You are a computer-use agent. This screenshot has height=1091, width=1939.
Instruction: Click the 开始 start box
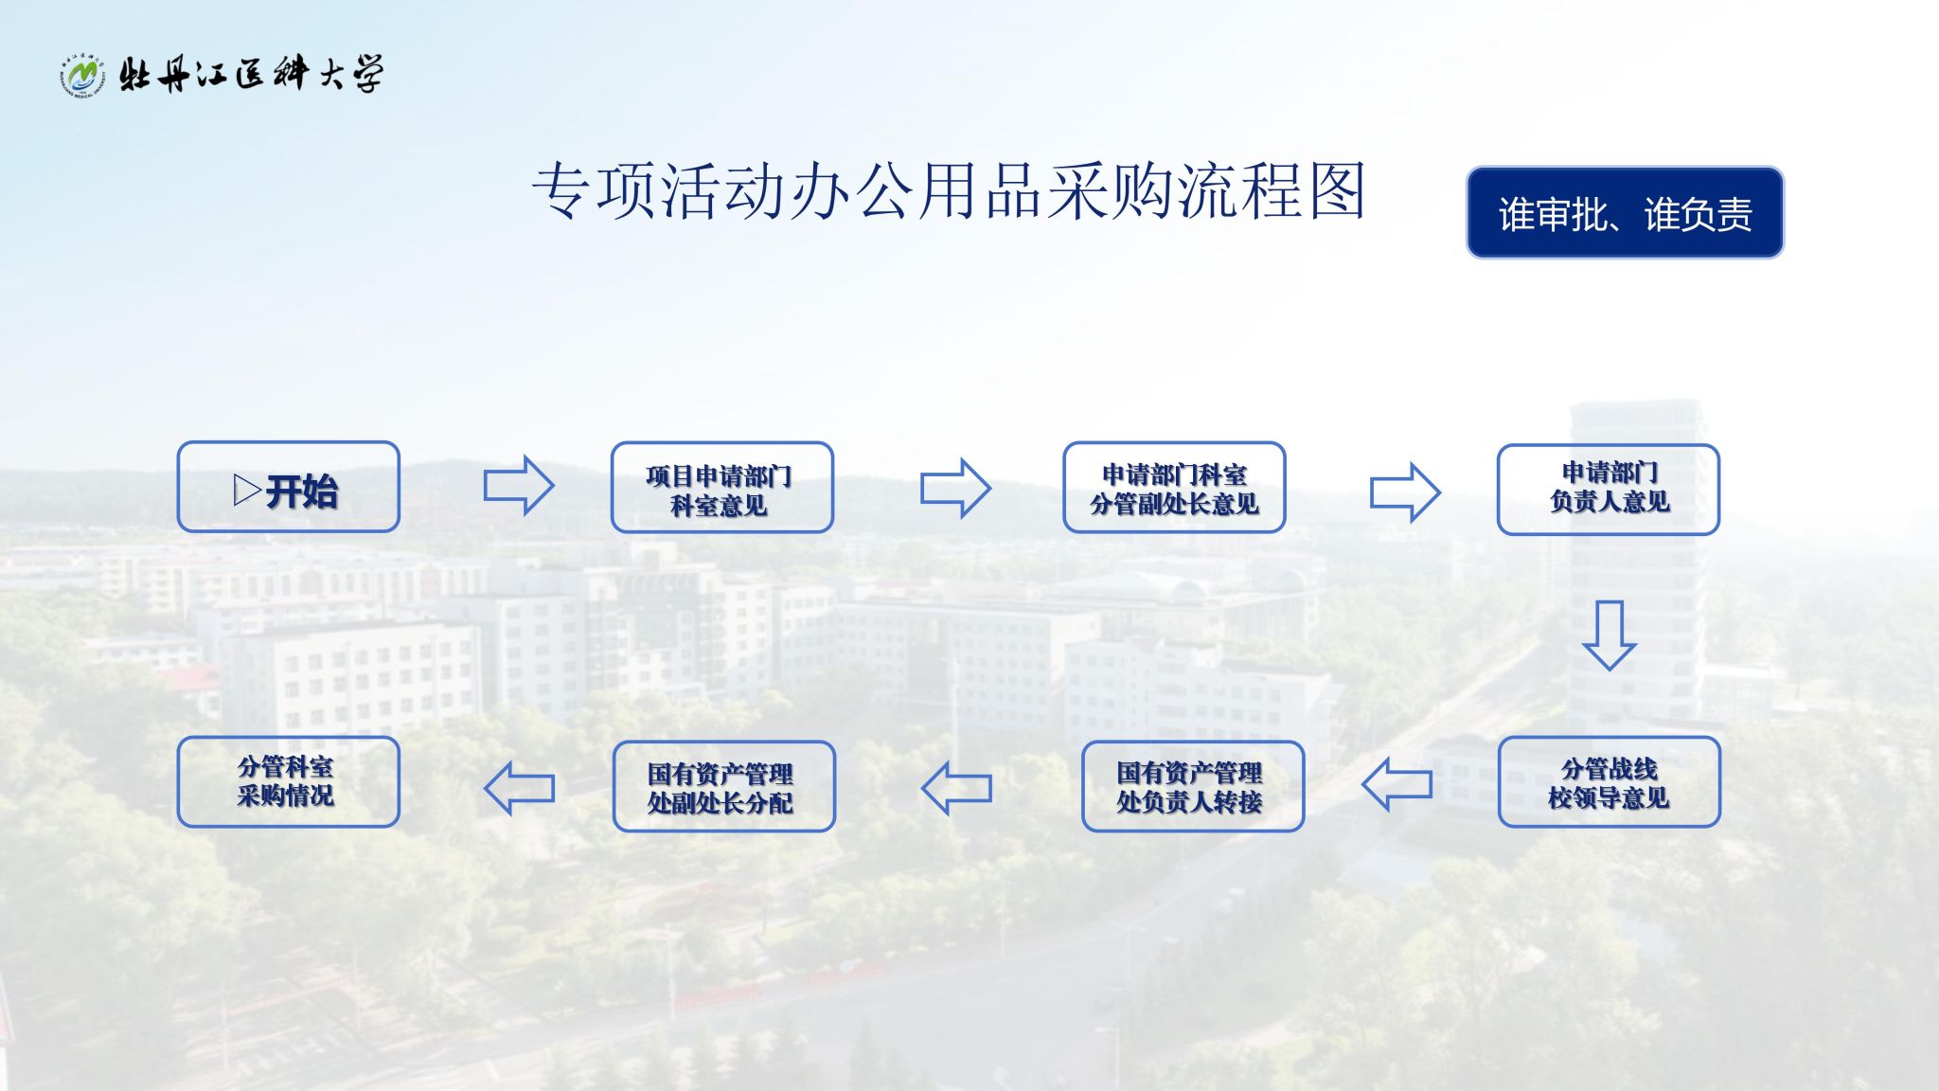(288, 487)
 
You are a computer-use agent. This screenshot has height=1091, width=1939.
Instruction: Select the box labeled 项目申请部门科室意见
(721, 488)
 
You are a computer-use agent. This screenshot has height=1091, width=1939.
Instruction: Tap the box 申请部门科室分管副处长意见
(1174, 488)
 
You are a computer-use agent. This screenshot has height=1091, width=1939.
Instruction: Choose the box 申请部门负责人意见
(1608, 490)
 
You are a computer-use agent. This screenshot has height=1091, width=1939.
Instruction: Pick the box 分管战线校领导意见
(1609, 781)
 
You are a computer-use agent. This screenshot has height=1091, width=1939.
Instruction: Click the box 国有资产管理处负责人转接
(1192, 786)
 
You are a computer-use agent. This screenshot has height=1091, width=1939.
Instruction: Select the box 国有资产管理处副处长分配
(723, 786)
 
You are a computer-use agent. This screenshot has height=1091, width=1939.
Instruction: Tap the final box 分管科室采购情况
(288, 781)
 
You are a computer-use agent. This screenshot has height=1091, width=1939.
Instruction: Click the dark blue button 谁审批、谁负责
(1625, 212)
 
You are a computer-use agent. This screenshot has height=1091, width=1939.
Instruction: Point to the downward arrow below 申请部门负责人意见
(1609, 635)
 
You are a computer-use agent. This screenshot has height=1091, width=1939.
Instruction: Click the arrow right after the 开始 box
(519, 486)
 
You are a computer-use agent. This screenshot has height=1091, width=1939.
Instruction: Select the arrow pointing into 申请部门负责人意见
(1405, 492)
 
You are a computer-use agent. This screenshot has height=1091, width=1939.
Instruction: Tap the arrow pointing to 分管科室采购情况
(519, 787)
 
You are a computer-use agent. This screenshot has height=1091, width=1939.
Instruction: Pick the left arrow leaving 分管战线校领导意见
(1396, 783)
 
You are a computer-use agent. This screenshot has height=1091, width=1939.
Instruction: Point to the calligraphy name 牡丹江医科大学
(252, 74)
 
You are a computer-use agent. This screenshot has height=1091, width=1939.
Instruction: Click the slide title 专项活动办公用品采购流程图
(949, 190)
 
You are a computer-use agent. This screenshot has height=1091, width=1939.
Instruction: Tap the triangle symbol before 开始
(247, 490)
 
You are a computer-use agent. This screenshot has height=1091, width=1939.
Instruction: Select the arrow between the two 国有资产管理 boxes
(956, 787)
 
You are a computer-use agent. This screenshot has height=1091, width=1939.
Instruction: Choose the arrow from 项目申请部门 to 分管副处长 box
(955, 488)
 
